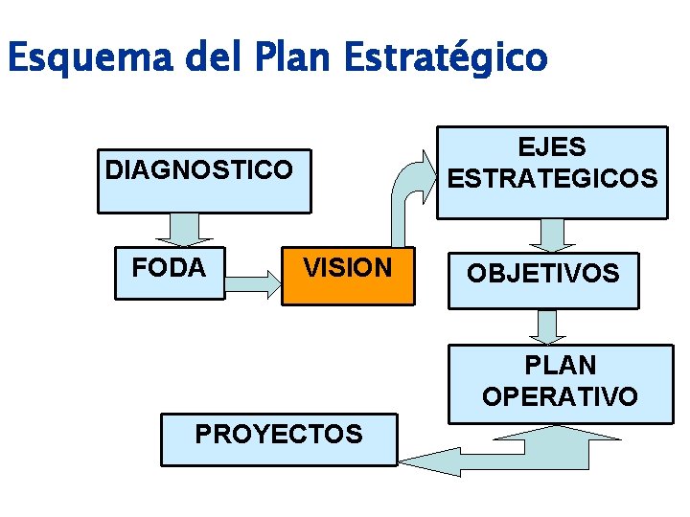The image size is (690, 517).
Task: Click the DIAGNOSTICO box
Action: pyautogui.click(x=203, y=179)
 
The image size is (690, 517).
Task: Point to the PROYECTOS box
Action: pyautogui.click(x=278, y=438)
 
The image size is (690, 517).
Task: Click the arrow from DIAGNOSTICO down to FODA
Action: pyautogui.click(x=190, y=228)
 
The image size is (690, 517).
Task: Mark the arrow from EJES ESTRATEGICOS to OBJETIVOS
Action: pyautogui.click(x=554, y=234)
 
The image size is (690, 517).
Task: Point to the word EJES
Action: pyautogui.click(x=552, y=147)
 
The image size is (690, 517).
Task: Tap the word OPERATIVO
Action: pyautogui.click(x=561, y=396)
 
